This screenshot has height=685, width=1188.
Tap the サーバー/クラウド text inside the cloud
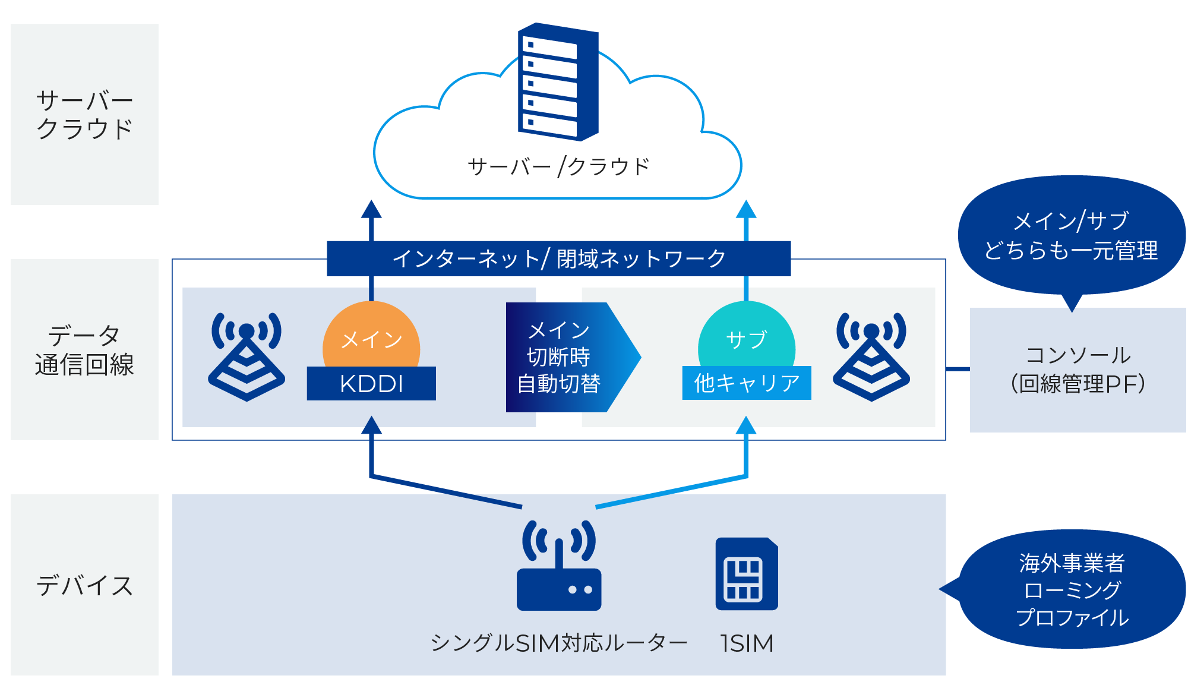pyautogui.click(x=558, y=167)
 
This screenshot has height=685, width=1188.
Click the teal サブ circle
pyautogui.click(x=746, y=337)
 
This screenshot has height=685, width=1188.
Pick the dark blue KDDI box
pyautogui.click(x=371, y=384)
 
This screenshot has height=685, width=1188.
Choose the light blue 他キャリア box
pyautogui.click(x=747, y=383)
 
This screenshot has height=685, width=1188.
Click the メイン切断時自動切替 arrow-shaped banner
pyautogui.click(x=564, y=357)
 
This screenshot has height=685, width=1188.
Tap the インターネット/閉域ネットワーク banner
pyautogui.click(x=558, y=258)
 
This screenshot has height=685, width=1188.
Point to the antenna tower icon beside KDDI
pyautogui.click(x=247, y=356)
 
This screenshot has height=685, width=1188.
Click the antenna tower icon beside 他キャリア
pyautogui.click(x=871, y=356)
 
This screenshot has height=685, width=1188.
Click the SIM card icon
pyautogui.click(x=747, y=574)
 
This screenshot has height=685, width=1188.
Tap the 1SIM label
pyautogui.click(x=747, y=643)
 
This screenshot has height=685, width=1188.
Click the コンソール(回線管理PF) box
pyautogui.click(x=1078, y=370)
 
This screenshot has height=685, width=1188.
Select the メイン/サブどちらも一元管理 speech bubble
pyautogui.click(x=1071, y=235)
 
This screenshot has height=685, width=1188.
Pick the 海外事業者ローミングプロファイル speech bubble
pyautogui.click(x=1072, y=589)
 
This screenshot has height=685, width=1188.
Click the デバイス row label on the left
pyautogui.click(x=84, y=585)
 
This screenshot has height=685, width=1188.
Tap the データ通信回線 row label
pyautogui.click(x=84, y=350)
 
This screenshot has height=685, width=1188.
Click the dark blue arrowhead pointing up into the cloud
pyautogui.click(x=371, y=210)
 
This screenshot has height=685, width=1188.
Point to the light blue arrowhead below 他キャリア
pyautogui.click(x=746, y=425)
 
